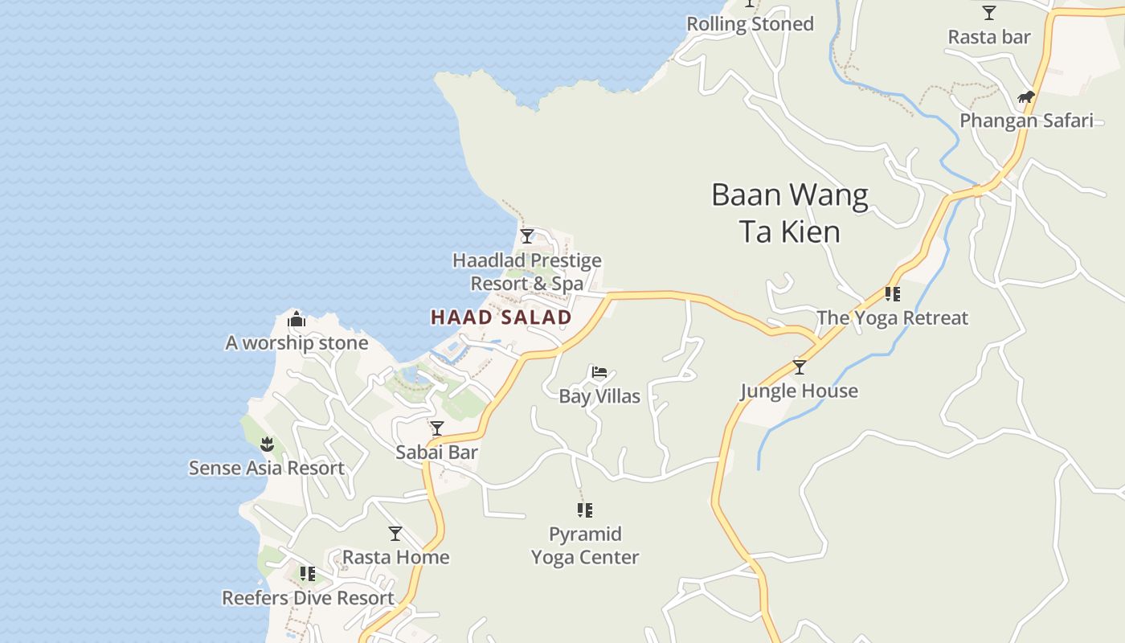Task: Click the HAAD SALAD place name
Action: coord(501,317)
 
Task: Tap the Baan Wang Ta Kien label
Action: coord(790,213)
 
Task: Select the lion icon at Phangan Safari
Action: coord(1025,98)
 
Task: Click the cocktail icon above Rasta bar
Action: coord(989,13)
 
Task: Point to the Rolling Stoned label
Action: coord(750,24)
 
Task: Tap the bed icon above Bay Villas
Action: coord(599,372)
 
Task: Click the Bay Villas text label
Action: coord(599,396)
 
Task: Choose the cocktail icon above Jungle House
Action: coord(799,367)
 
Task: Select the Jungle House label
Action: coord(799,391)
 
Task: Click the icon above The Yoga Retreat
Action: coord(892,294)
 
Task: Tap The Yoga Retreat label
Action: coord(892,318)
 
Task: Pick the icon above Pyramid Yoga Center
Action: coord(585,510)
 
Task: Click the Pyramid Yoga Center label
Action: coord(585,546)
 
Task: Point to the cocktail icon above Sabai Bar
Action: coord(436,428)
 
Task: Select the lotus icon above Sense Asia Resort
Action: coord(267,444)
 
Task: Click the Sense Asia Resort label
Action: coord(267,468)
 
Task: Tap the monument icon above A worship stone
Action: coord(297,320)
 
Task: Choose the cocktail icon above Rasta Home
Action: coord(395,534)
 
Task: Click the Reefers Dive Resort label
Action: coord(308,598)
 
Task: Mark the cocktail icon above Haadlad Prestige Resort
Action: coord(527,236)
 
